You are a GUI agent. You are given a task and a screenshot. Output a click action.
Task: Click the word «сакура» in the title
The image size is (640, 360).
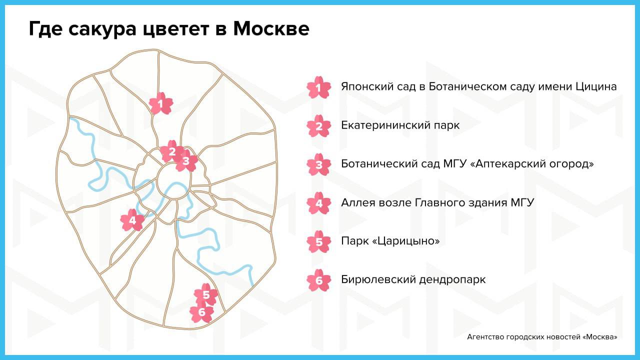102,29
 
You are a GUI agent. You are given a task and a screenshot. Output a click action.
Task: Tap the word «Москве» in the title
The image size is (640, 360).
271,29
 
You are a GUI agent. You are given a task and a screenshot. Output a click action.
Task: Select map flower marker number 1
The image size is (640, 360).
161,103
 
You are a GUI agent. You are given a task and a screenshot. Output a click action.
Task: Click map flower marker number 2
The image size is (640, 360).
172,151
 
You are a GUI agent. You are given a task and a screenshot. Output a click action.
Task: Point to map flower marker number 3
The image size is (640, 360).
186,161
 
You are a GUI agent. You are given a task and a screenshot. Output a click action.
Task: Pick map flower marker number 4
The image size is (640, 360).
132,220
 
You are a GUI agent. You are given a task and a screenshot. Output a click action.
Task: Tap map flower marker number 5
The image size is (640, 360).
206,294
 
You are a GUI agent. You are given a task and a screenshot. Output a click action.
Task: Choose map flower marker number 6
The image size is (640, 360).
201,311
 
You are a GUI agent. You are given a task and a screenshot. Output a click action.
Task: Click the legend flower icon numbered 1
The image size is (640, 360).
319,87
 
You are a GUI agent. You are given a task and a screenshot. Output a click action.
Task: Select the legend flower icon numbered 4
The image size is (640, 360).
319,203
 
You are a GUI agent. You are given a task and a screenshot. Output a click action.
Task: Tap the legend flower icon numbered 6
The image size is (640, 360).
319,280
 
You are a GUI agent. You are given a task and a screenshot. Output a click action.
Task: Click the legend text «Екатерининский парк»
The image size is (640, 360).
400,125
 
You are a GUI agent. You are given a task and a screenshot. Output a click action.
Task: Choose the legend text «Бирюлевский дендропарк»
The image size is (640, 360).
413,279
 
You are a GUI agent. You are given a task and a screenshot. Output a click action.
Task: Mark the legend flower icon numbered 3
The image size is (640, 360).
319,164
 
